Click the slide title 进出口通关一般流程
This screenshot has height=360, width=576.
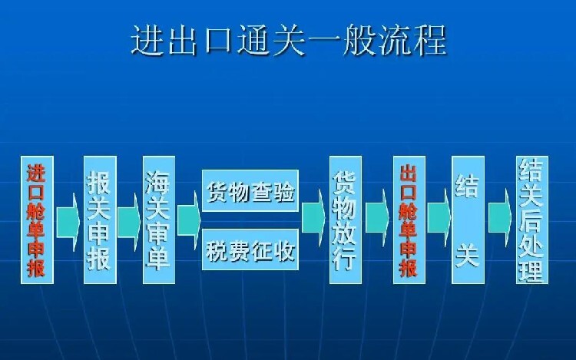click(x=289, y=40)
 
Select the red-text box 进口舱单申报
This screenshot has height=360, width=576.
click(x=37, y=220)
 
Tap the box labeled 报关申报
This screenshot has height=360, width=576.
click(x=100, y=220)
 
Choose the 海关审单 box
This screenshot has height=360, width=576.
click(x=159, y=220)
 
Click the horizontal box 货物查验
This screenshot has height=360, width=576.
click(x=250, y=191)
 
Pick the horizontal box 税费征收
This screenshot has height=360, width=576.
click(x=250, y=249)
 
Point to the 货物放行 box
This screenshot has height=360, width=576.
click(x=346, y=220)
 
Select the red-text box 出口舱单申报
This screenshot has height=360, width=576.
click(x=409, y=220)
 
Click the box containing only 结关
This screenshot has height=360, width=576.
click(x=468, y=220)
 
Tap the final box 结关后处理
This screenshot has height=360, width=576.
click(x=532, y=220)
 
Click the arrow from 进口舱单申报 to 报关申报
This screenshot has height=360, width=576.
click(x=68, y=222)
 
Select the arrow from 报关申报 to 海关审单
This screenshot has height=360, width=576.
click(x=129, y=222)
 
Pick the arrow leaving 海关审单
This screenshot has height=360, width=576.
click(x=189, y=220)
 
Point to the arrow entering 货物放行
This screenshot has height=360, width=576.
click(x=313, y=219)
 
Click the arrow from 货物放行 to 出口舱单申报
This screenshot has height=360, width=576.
click(x=377, y=219)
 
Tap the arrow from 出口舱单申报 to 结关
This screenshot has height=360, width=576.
click(x=439, y=219)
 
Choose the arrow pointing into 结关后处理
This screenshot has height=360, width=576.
click(x=500, y=219)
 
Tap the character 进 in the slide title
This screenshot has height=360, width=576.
click(x=147, y=40)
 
